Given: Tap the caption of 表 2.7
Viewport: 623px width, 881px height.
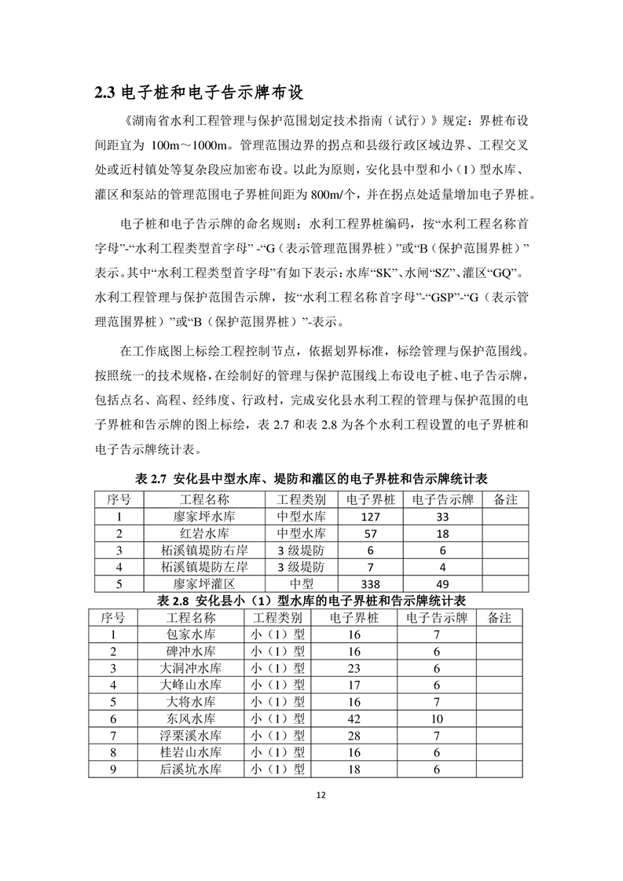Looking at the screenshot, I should tap(312, 478).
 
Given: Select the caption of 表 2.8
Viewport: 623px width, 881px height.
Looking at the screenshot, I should tap(312, 601).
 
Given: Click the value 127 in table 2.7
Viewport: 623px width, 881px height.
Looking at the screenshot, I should tap(368, 517).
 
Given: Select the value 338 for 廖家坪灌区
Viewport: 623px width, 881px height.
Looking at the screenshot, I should tap(368, 584).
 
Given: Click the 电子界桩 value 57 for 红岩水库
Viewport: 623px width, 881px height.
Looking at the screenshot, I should tap(368, 534).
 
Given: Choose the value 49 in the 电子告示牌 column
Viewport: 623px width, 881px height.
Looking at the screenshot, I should tap(442, 584).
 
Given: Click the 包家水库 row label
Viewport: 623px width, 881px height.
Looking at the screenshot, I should tap(190, 634).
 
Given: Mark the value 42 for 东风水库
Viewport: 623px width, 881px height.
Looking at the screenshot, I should tap(354, 718).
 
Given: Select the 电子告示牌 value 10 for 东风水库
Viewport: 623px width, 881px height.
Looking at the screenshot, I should tap(437, 718).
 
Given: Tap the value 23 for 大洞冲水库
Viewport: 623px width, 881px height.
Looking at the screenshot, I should tap(354, 668).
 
